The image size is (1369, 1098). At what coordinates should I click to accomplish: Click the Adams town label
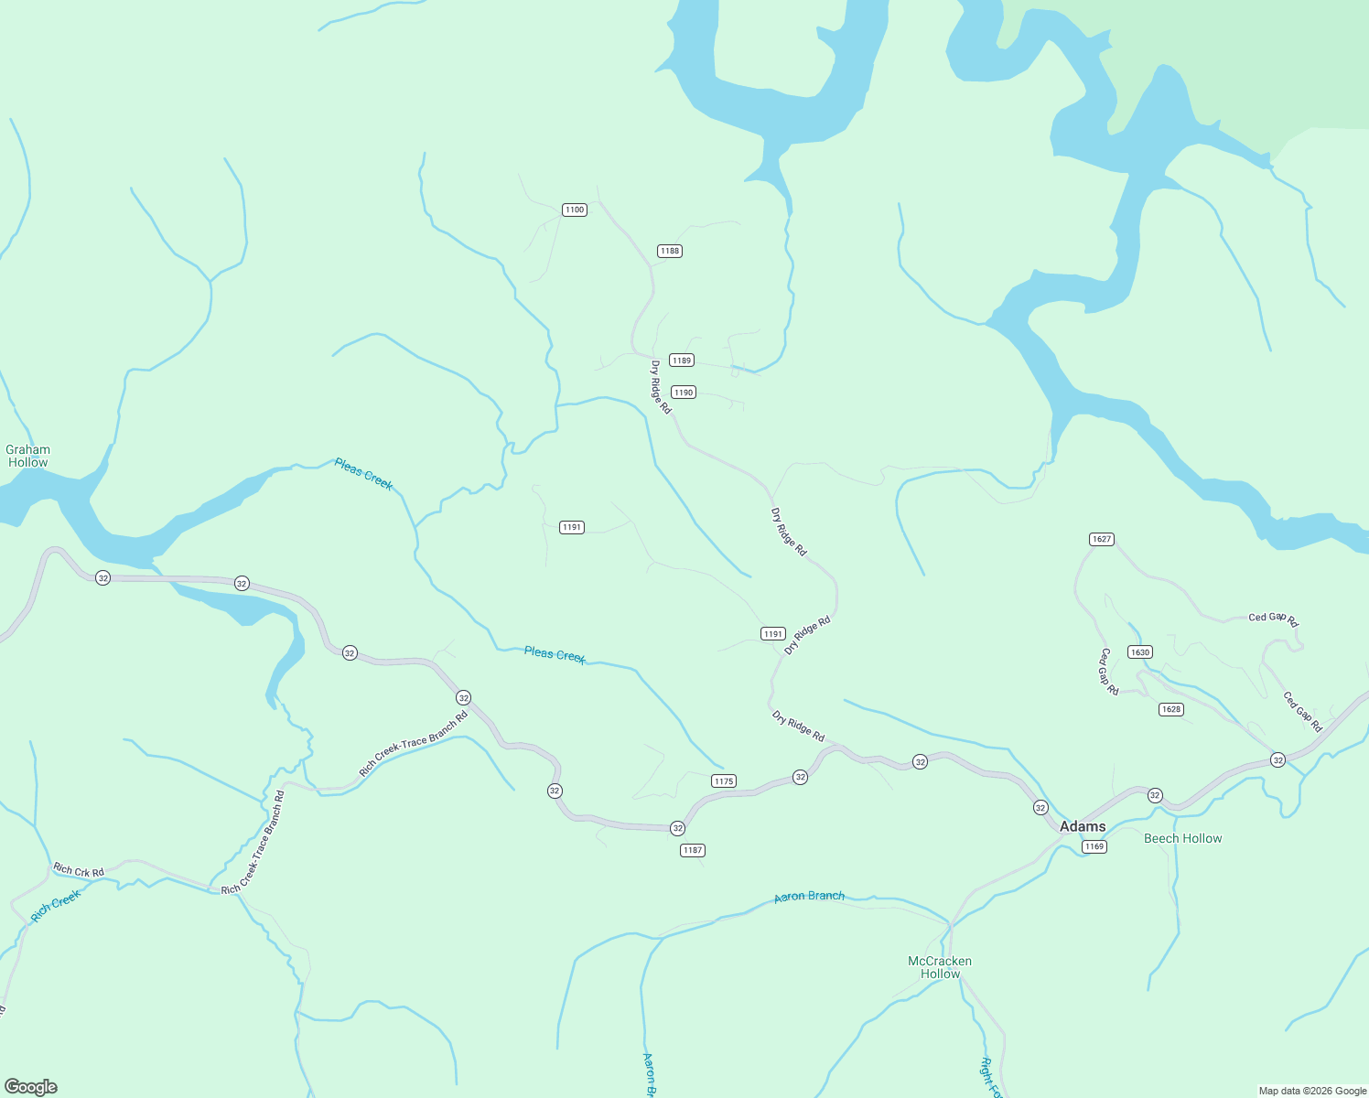point(1083,826)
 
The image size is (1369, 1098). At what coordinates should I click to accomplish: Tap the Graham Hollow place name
point(28,456)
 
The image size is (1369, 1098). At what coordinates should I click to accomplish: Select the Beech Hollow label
point(1182,838)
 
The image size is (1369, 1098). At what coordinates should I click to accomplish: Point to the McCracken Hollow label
point(940,967)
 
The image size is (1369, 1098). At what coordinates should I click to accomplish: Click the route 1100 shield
point(574,210)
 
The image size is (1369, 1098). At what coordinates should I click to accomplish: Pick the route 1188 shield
point(669,251)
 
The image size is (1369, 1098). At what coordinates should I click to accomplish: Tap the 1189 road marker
point(681,361)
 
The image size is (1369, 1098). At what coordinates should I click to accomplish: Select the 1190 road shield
point(683,393)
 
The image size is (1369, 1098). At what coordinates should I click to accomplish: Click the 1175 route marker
point(723,781)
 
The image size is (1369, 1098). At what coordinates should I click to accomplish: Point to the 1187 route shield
point(692,850)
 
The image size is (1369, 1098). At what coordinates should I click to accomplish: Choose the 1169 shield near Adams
point(1094,846)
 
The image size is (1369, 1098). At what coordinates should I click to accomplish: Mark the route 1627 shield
point(1102,539)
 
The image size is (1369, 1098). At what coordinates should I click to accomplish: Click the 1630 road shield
point(1139,652)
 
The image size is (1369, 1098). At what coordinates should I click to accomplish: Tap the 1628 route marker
point(1170,709)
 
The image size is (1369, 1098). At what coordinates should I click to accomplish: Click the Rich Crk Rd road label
point(79,870)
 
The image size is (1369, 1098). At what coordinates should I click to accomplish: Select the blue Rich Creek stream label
point(56,906)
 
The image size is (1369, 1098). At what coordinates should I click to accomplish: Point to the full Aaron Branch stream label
point(809,897)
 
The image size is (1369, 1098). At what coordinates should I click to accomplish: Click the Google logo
point(30,1087)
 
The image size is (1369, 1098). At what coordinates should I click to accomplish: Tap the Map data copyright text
point(1312,1091)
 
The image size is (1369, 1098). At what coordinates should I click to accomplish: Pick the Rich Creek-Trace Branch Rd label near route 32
point(414,743)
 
